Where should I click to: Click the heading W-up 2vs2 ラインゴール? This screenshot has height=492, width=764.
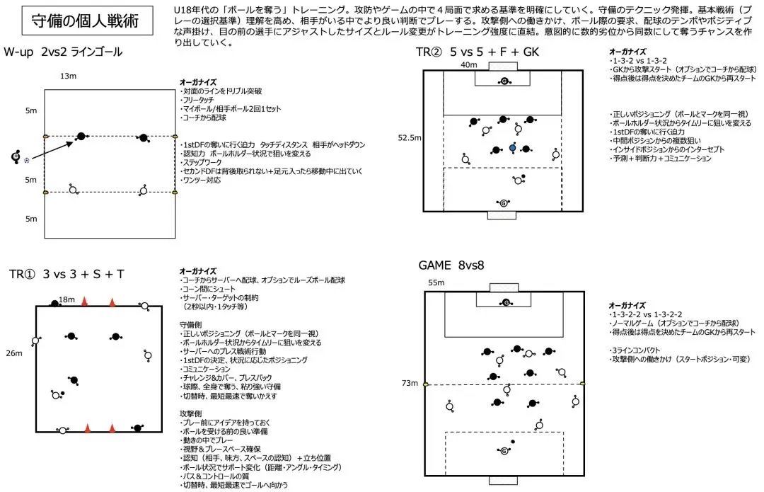63,52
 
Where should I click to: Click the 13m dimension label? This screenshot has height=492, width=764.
68,76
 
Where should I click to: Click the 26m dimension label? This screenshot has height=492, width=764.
13,353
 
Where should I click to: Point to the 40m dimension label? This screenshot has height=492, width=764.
468,66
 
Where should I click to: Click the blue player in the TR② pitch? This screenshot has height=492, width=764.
513,149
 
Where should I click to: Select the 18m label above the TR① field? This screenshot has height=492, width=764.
67,299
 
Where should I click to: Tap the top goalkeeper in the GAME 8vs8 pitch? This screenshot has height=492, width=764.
504,303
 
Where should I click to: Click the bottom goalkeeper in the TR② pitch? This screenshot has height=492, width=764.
504,204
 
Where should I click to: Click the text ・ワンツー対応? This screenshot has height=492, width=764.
202,181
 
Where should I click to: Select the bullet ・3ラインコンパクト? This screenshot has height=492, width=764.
635,350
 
